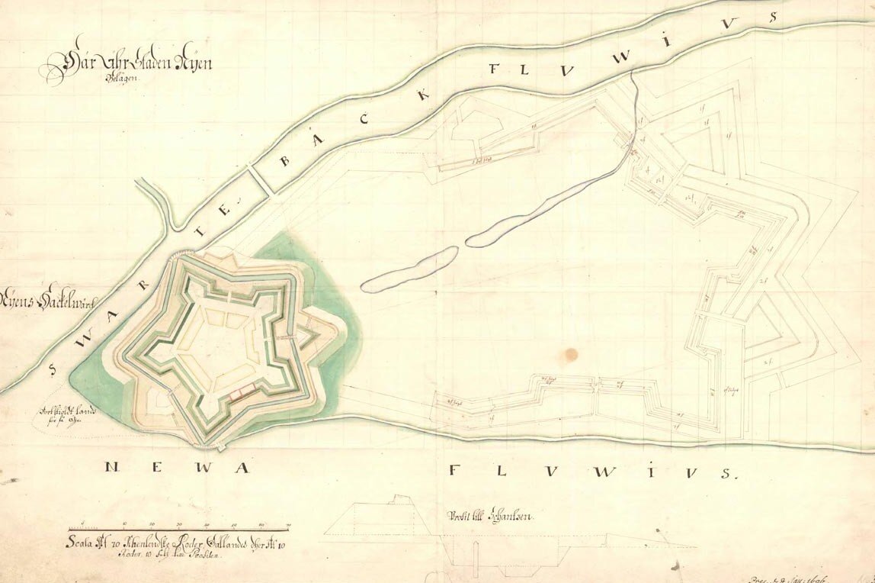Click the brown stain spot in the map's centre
572,353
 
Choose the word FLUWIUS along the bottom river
591,471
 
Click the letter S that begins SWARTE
52,372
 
